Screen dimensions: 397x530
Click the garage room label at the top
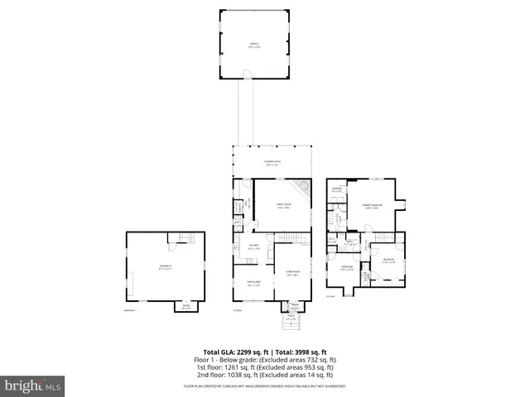(x=253, y=45)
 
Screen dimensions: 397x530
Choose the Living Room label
(x=292, y=274)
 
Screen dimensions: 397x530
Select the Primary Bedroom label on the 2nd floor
(x=372, y=206)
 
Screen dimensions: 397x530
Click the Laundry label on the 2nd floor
(x=337, y=189)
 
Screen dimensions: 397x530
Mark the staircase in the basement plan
(x=190, y=239)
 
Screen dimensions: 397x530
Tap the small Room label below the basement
(x=186, y=307)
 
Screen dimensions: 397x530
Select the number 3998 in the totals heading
(x=303, y=352)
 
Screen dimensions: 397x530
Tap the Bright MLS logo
(x=32, y=385)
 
